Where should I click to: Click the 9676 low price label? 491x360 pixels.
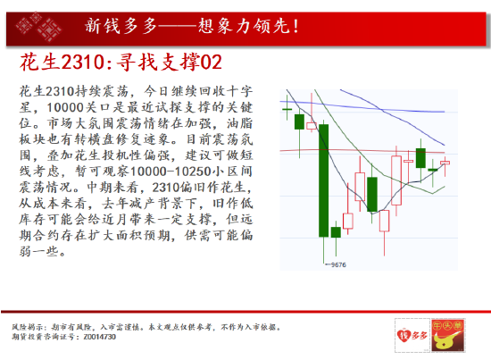pos(338,264)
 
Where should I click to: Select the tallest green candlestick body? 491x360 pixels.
pos(324,180)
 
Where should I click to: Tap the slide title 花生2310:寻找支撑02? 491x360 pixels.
pos(121,62)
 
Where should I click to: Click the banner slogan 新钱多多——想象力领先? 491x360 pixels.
pos(192,26)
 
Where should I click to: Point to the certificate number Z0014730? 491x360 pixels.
pos(100,337)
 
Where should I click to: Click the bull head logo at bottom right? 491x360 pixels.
pos(448,335)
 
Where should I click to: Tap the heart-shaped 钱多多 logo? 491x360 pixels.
pos(412,335)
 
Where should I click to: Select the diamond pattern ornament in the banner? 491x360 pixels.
pos(39,27)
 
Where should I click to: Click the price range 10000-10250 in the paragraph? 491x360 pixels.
pos(171,172)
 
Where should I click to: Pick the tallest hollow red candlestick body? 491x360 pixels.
pos(396,180)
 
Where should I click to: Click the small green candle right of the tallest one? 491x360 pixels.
pos(336,232)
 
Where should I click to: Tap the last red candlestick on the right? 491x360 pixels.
pos(445,163)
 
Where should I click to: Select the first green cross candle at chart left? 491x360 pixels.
pos(287,109)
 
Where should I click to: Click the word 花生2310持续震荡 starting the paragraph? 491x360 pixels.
pos(74,91)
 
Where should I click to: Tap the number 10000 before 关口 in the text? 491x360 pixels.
pos(65,107)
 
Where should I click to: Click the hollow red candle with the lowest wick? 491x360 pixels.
pos(384,221)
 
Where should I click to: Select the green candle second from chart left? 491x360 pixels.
pos(299,121)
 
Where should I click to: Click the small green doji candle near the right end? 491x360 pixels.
pos(433,170)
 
